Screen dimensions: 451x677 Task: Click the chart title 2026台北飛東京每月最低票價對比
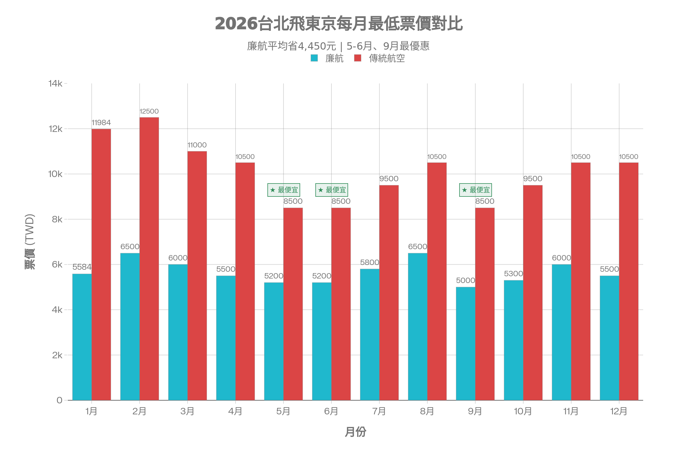[x=338, y=24]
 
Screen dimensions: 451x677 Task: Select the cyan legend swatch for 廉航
[x=314, y=58]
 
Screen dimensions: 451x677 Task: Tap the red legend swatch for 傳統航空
[x=357, y=58]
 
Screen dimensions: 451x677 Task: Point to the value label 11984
[x=101, y=123]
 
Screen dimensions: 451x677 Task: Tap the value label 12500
[x=149, y=111]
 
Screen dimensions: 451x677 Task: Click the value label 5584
[x=82, y=267]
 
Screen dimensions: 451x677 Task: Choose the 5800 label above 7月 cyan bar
[x=370, y=262]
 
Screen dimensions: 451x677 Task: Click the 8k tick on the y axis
[x=57, y=220]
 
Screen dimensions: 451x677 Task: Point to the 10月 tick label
[x=523, y=411]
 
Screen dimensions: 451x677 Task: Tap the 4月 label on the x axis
[x=235, y=411]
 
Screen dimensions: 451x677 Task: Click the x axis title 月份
[x=355, y=432]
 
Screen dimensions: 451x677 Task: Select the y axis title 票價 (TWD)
[x=30, y=242]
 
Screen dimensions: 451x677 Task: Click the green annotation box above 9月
[x=475, y=190]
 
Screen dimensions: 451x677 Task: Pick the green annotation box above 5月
[x=283, y=190]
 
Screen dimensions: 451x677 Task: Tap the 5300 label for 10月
[x=513, y=274]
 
